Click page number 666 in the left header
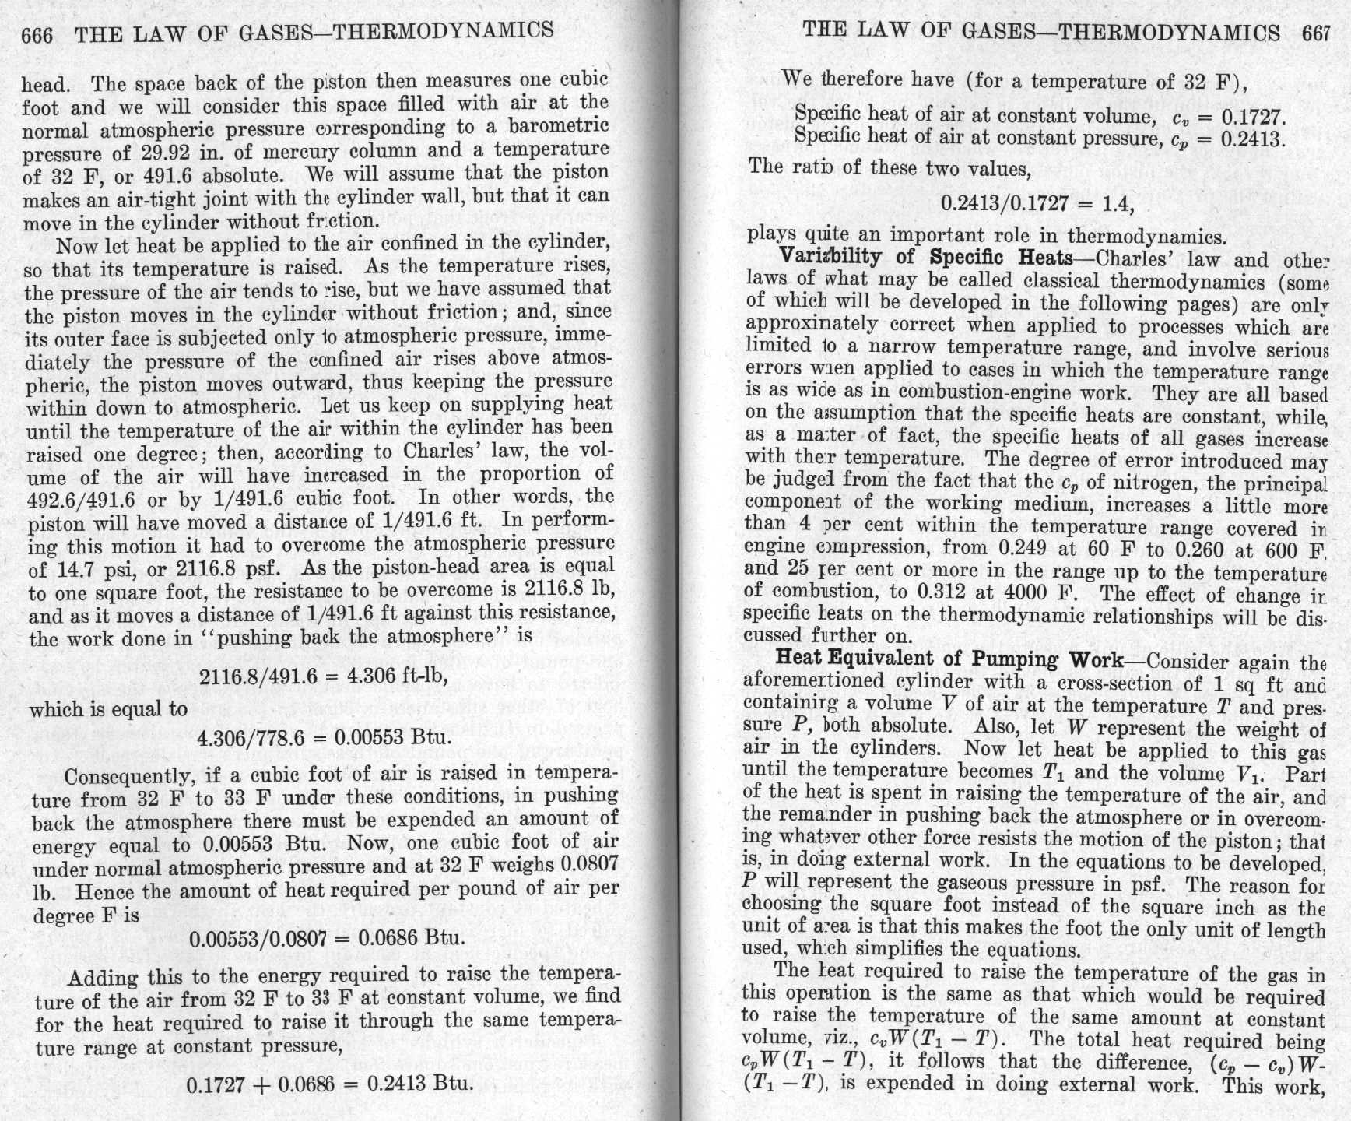(38, 35)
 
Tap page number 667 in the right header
(1316, 33)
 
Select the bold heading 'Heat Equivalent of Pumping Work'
(949, 659)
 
